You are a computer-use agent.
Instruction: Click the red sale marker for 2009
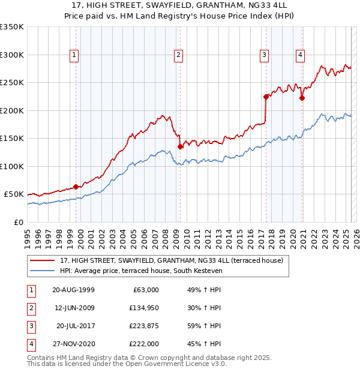[180, 146]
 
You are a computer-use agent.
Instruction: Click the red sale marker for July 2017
[266, 96]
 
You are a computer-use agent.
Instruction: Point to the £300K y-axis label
[12, 55]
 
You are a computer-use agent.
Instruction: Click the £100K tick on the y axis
[12, 166]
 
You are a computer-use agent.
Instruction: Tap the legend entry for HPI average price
[141, 271]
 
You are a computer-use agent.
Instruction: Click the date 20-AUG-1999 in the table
[73, 289]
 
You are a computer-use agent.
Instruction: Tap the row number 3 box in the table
[31, 326]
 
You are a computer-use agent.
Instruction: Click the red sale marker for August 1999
[76, 187]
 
